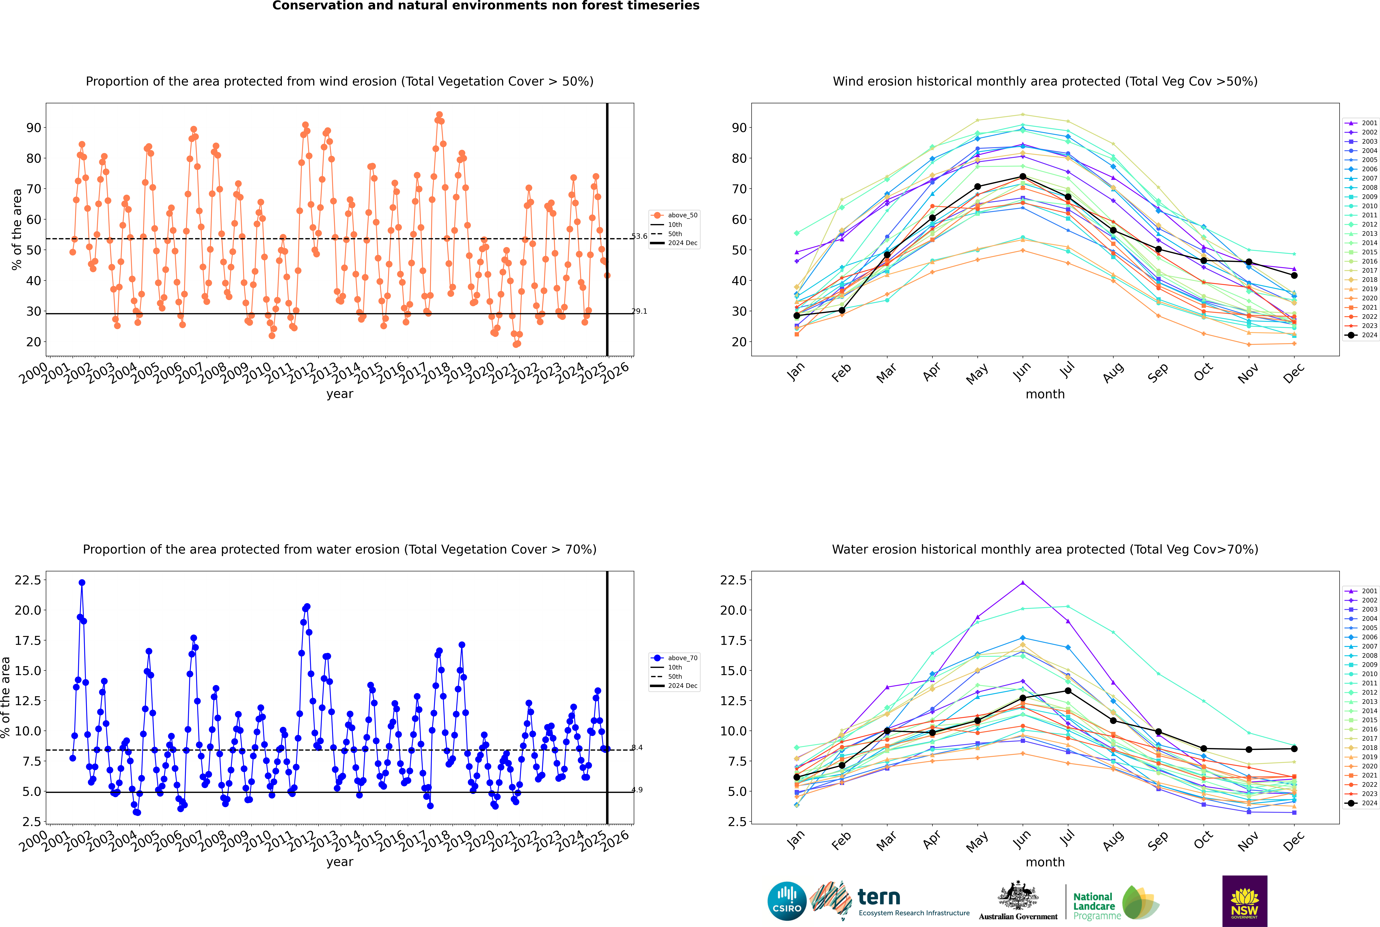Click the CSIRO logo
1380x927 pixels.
click(x=787, y=901)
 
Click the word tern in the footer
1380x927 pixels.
click(x=879, y=898)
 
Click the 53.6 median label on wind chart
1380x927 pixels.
click(x=639, y=237)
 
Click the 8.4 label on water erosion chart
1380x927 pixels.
click(x=636, y=748)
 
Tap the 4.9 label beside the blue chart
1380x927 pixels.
click(x=636, y=790)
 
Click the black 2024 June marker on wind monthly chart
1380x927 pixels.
click(x=1023, y=177)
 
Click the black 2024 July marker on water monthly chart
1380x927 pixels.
click(x=1068, y=690)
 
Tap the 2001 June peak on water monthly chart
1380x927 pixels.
click(x=1023, y=583)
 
